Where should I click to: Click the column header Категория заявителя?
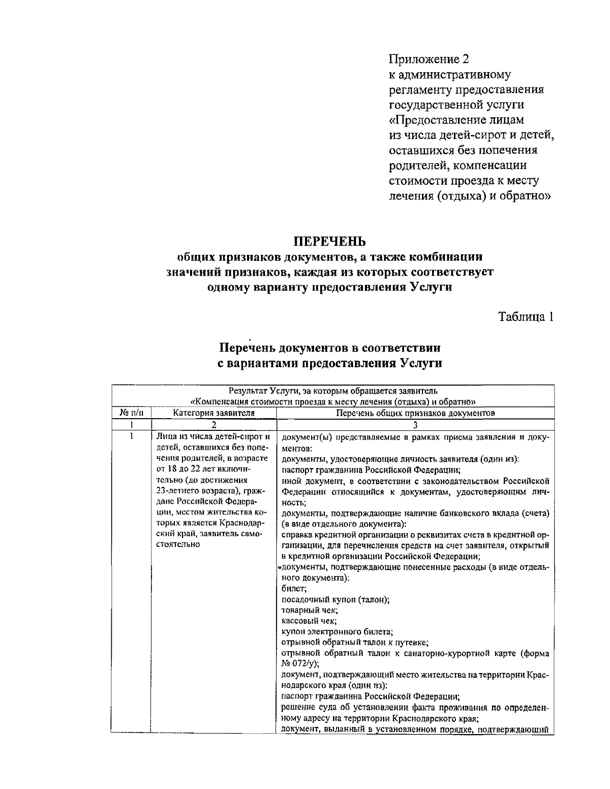[x=213, y=413]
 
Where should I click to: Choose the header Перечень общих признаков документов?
[x=415, y=413]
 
